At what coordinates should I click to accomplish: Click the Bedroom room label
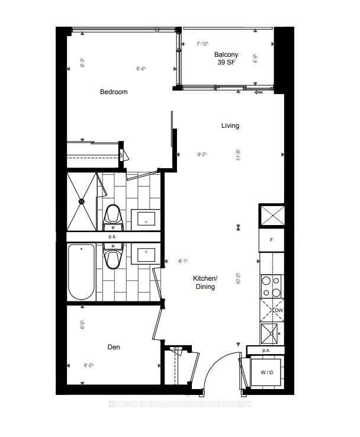coord(113,92)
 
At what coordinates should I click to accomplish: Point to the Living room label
coord(230,126)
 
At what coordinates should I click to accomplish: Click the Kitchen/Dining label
coord(205,282)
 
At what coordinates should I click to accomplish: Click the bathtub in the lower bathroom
coord(81,272)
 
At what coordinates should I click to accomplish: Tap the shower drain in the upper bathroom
coord(82,201)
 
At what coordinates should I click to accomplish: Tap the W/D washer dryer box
coord(266,372)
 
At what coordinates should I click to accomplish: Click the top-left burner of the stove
coord(266,281)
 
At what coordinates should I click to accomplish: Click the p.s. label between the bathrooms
coord(112,237)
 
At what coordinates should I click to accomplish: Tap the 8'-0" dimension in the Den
coord(89,366)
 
